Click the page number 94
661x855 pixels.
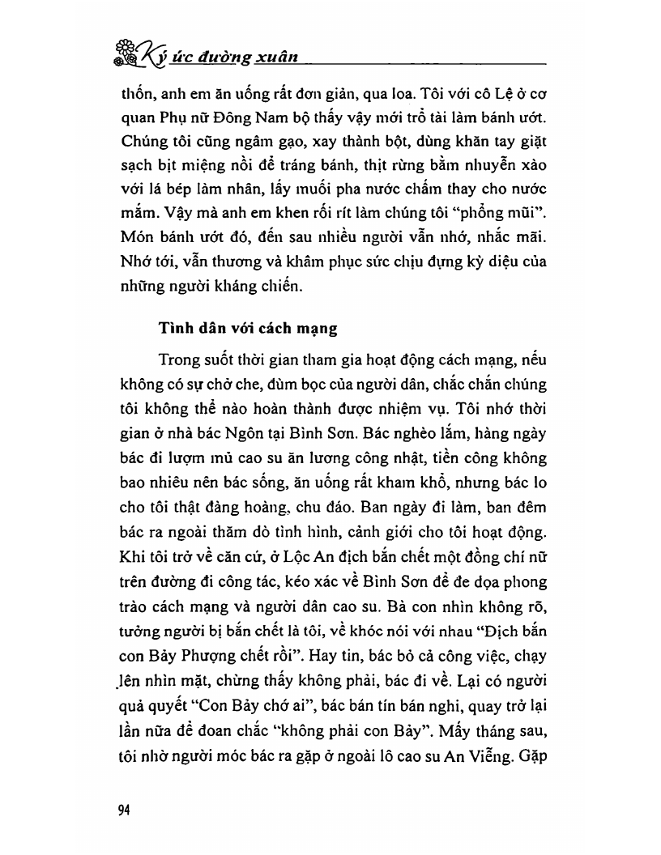tap(124, 810)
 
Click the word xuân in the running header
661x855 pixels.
tap(278, 57)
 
